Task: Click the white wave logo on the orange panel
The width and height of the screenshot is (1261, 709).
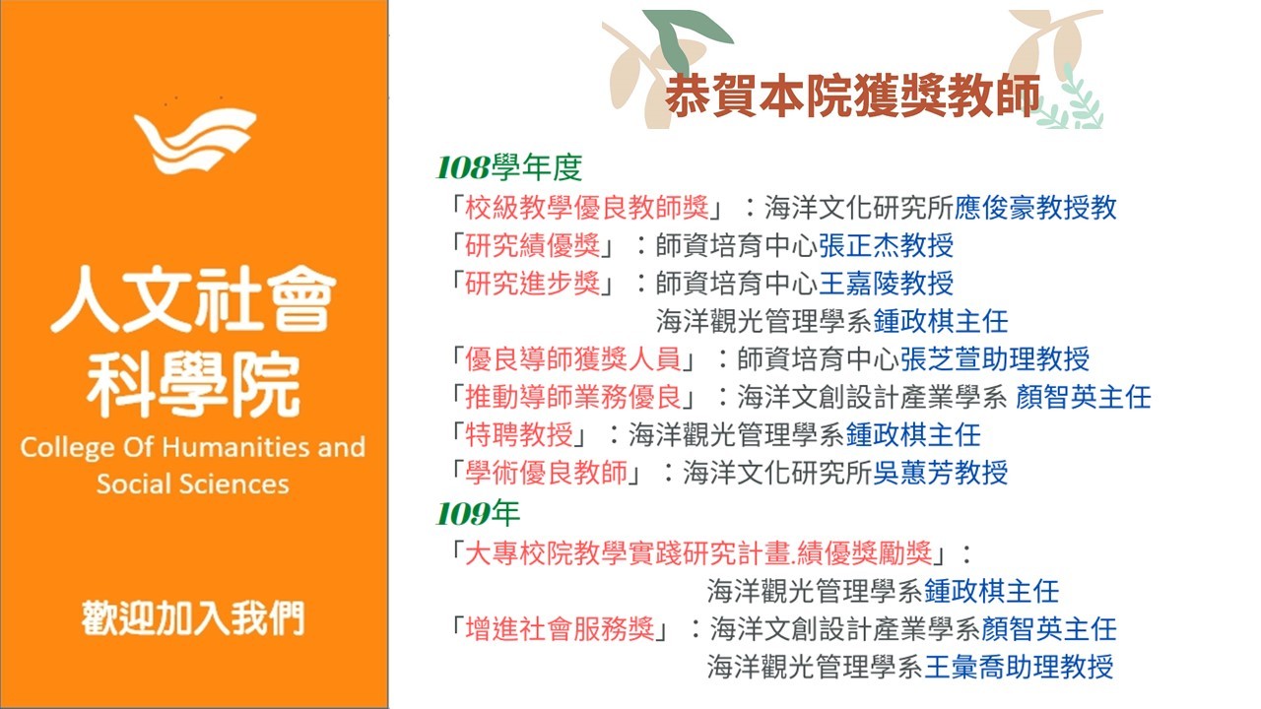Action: [x=195, y=141]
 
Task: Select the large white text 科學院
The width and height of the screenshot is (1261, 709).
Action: [x=193, y=384]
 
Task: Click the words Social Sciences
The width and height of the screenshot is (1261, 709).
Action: [x=192, y=483]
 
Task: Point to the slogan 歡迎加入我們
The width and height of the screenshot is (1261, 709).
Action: [x=193, y=617]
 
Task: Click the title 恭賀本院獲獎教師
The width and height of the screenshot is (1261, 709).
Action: [x=852, y=96]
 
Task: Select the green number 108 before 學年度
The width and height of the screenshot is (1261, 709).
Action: [x=463, y=167]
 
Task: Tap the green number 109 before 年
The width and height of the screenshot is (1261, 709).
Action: [x=463, y=514]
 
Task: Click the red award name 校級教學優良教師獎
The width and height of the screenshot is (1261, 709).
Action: [x=586, y=208]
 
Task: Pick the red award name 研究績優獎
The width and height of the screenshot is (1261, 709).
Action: [x=532, y=246]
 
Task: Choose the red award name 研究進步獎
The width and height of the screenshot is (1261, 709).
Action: [x=532, y=283]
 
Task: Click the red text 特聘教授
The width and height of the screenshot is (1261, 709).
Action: [x=518, y=434]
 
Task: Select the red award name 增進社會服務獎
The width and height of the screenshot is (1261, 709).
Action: [x=560, y=628]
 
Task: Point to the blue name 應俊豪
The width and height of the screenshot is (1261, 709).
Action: [x=995, y=208]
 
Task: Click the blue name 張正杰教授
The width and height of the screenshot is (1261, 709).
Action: [x=886, y=246]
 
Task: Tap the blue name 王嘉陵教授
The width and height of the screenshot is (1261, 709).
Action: [x=886, y=283]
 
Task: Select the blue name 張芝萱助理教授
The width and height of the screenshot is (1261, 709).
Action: [x=995, y=359]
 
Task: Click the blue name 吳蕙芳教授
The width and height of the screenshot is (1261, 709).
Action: [x=940, y=473]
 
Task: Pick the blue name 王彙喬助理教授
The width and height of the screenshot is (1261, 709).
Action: [x=1019, y=667]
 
